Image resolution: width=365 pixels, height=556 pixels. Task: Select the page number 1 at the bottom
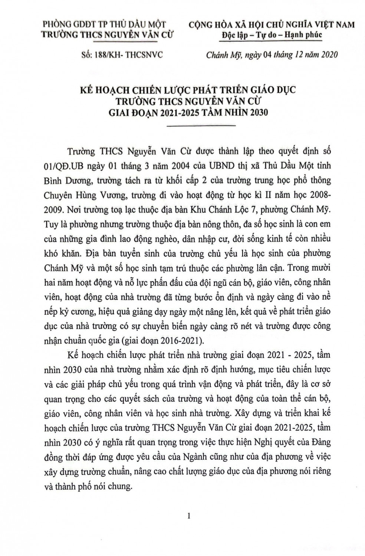coord(189,516)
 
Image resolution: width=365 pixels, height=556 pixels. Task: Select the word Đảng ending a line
coord(319,443)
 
